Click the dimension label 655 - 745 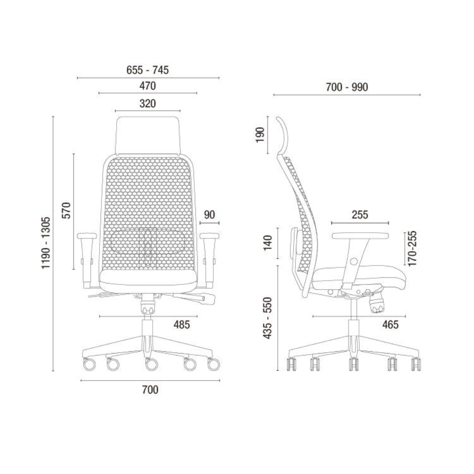147,70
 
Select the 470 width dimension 147,86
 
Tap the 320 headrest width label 147,103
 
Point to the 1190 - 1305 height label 46,243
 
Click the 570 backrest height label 66,210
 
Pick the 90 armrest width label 209,215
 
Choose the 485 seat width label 182,325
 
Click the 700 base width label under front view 150,390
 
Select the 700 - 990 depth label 347,87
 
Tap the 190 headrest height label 260,135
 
